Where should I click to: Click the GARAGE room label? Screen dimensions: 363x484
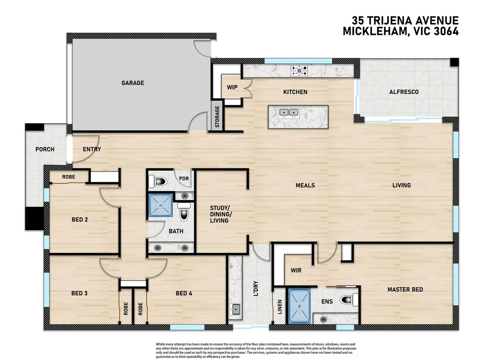click(132, 83)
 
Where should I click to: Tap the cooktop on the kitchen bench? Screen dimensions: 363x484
click(299, 71)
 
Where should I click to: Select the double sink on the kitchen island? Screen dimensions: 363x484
click(289, 113)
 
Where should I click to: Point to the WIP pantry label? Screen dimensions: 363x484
click(232, 87)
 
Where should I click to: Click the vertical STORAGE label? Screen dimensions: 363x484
click(217, 117)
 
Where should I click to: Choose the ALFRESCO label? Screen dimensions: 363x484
click(404, 92)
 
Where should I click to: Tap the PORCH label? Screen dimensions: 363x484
click(45, 149)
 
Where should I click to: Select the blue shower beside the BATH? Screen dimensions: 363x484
click(161, 205)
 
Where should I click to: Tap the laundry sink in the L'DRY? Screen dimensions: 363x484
click(235, 309)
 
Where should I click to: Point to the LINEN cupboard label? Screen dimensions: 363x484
click(280, 307)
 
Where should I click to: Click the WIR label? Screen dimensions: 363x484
click(296, 270)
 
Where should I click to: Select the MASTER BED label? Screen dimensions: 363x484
click(405, 289)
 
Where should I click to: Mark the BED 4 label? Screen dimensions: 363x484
click(184, 293)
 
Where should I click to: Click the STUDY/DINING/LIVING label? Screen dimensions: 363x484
click(220, 214)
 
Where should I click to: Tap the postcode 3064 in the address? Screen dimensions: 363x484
click(446, 31)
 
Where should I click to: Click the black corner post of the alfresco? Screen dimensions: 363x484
click(454, 62)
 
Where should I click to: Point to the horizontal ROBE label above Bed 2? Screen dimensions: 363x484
click(69, 177)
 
